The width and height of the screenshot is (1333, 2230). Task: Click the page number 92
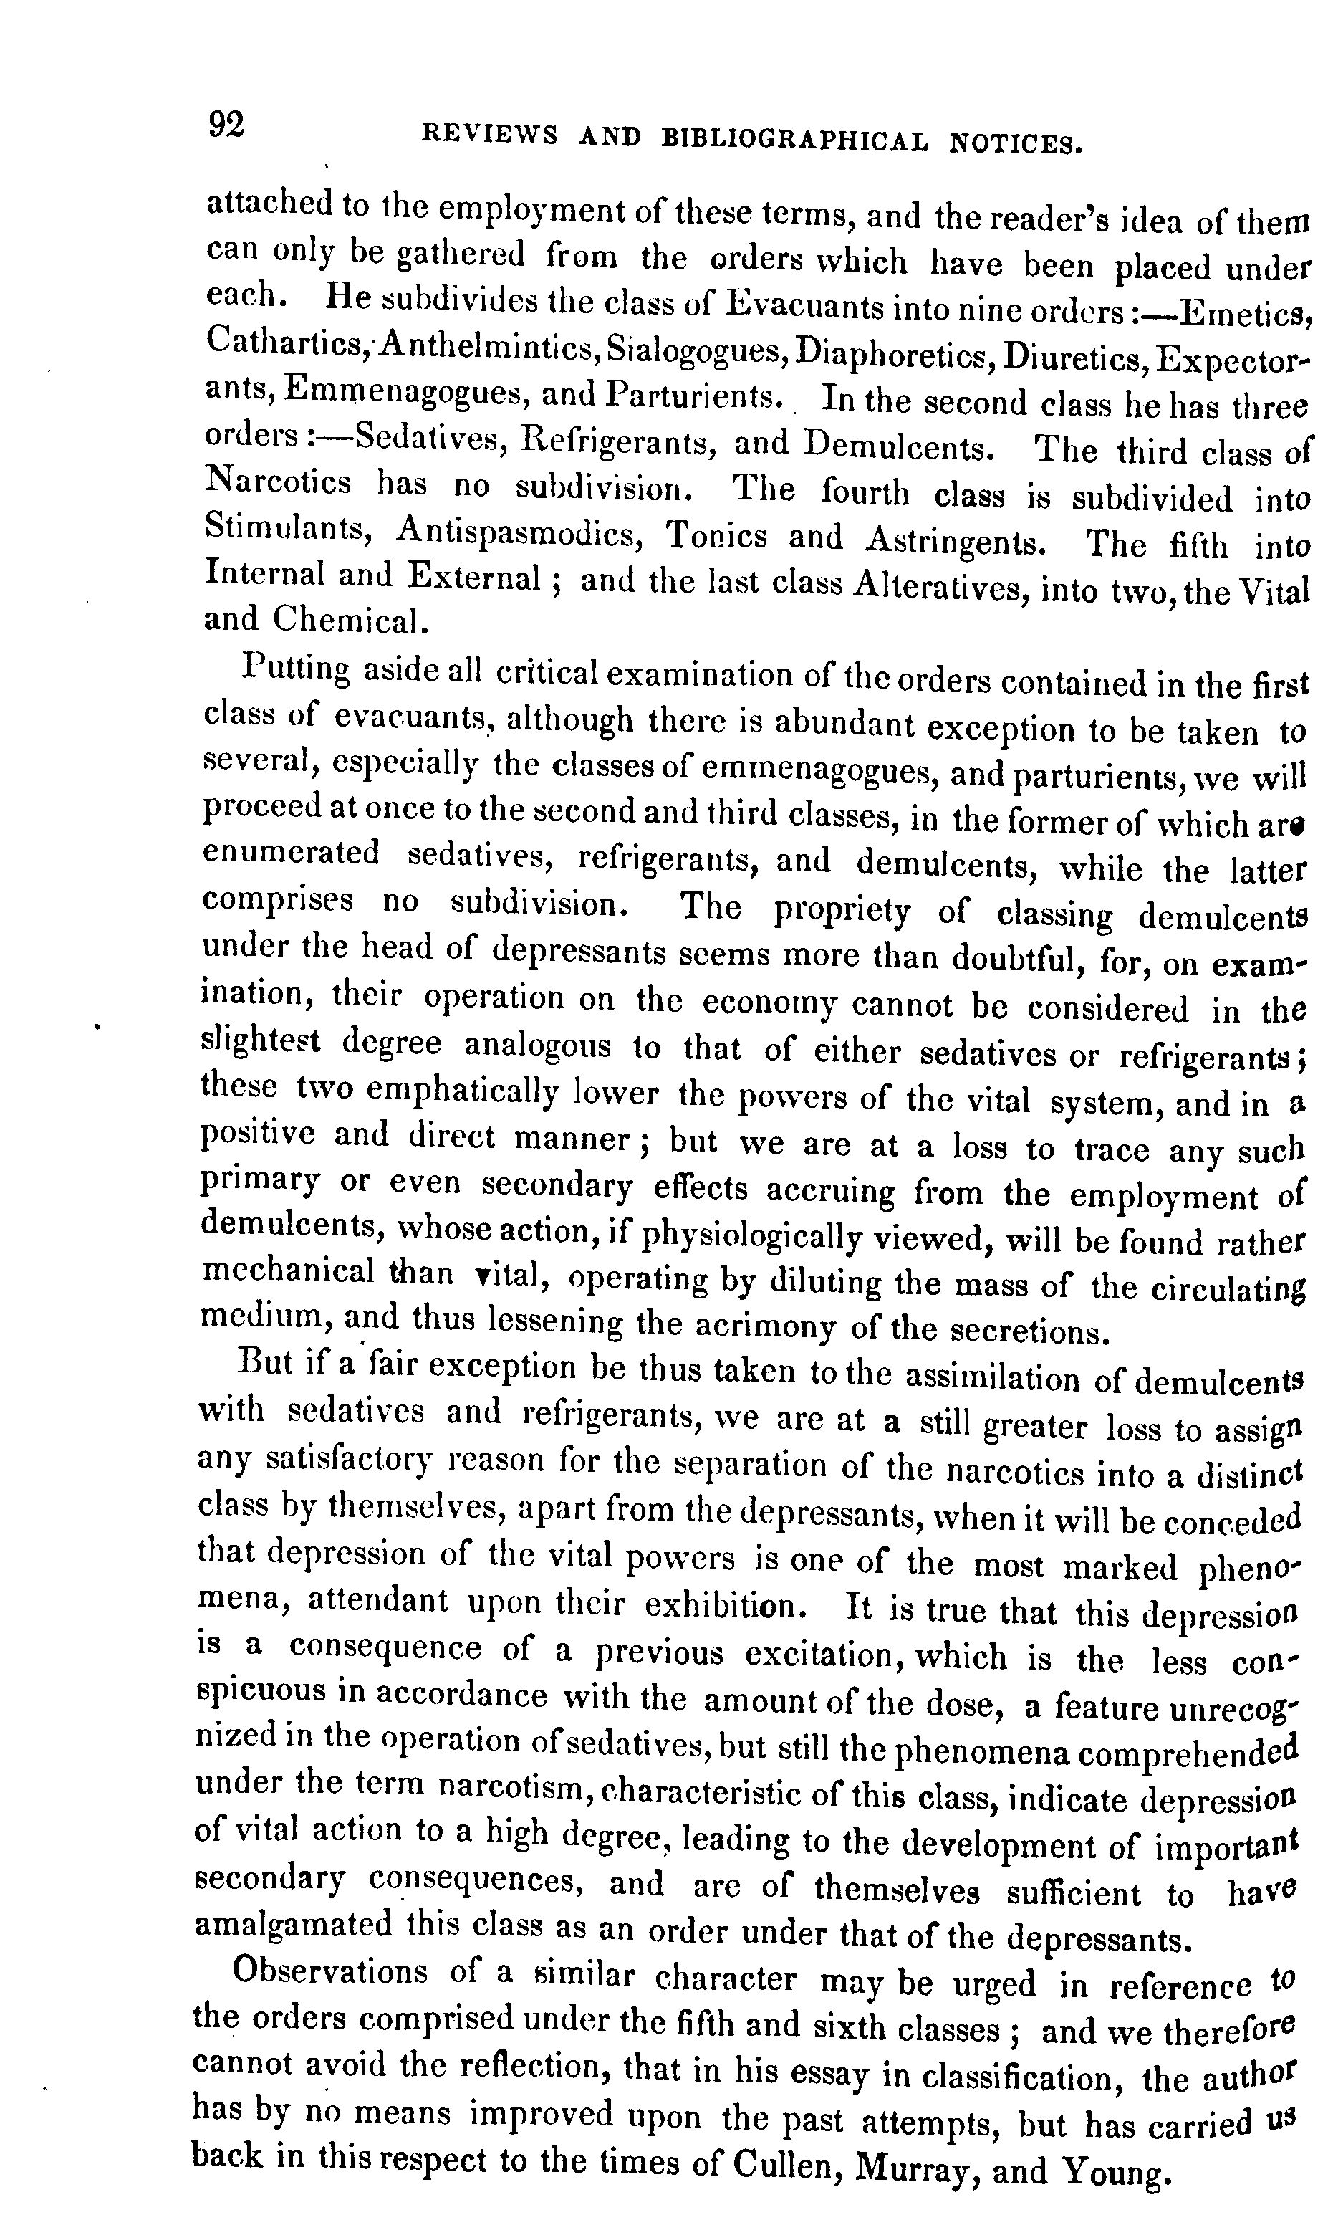tap(226, 124)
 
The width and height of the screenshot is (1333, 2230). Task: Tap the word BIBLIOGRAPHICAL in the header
tap(796, 139)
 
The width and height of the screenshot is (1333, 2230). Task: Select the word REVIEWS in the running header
tap(489, 135)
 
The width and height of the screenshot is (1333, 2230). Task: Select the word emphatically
tap(467, 1091)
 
